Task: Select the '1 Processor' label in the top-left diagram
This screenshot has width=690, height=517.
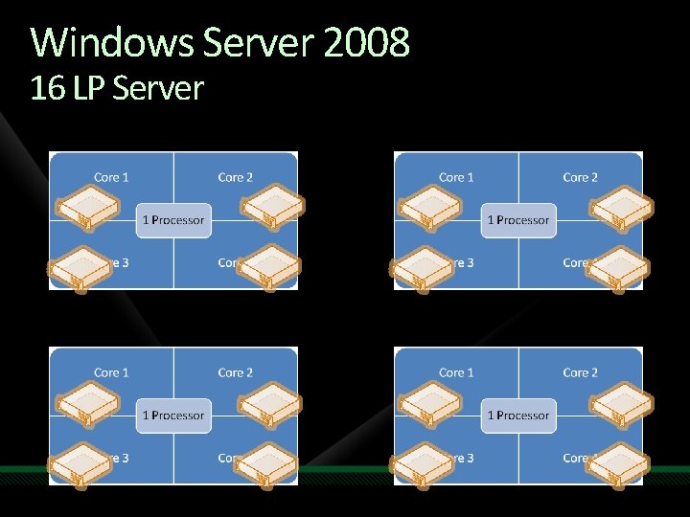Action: (173, 220)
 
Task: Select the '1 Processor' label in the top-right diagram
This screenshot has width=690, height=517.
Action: (518, 220)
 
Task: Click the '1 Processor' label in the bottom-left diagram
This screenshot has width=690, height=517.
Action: (173, 416)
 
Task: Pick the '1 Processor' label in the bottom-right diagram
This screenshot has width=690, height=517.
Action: (518, 416)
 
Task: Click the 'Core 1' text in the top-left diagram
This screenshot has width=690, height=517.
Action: (111, 177)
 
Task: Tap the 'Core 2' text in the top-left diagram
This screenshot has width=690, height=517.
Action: (236, 177)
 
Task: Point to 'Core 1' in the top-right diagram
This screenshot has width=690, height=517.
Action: (456, 177)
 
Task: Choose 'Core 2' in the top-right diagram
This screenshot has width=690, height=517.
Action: (581, 177)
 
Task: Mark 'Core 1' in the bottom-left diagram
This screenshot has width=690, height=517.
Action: (111, 372)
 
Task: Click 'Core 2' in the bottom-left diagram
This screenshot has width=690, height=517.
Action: (236, 372)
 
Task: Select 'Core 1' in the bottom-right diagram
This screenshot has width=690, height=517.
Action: (456, 372)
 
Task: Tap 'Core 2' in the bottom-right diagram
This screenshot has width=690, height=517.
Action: (581, 372)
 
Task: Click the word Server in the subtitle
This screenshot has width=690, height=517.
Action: (158, 89)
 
